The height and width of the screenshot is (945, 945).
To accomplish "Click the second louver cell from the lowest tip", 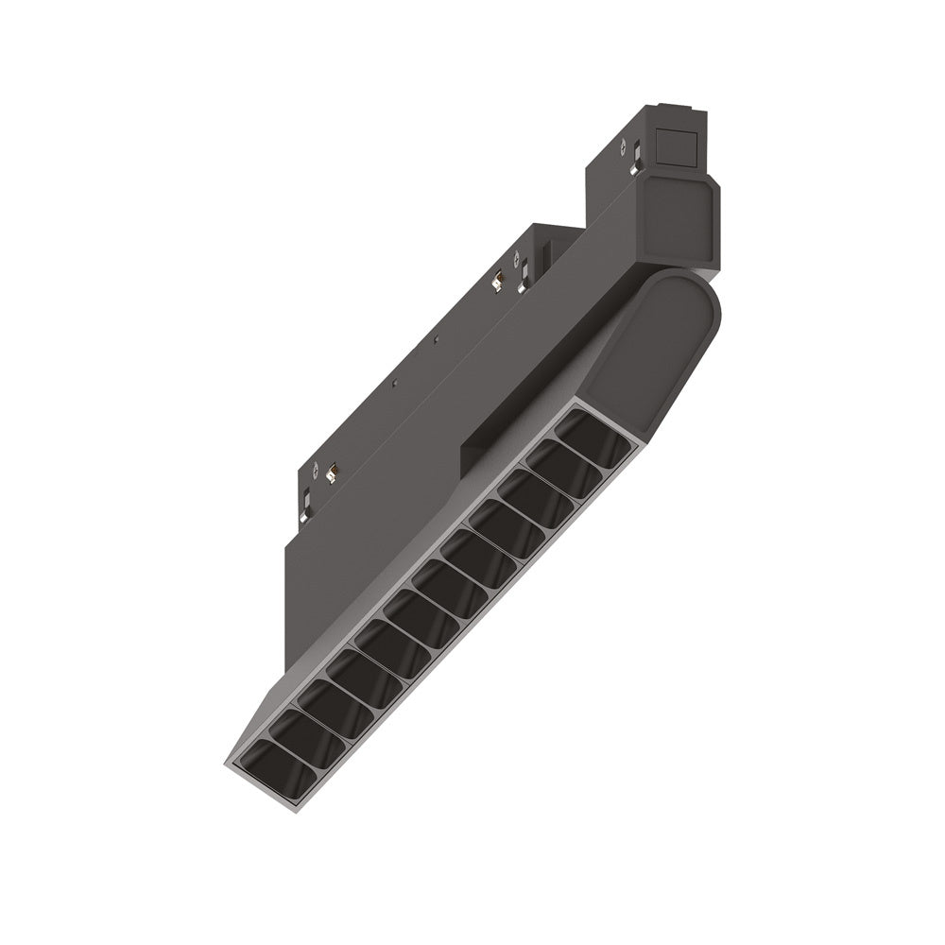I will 285,737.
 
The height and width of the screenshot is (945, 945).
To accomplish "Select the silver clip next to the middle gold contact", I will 522,270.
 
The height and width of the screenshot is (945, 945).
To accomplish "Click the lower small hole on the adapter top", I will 394,383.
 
